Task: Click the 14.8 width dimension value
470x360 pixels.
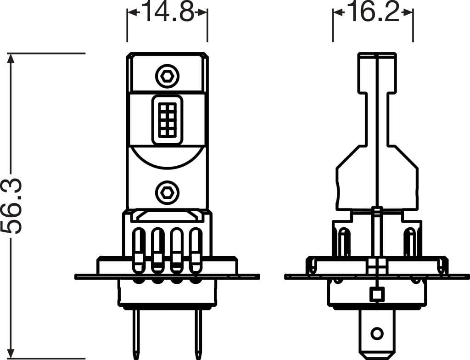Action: pyautogui.click(x=168, y=13)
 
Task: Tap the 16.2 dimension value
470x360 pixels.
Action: pyautogui.click(x=373, y=13)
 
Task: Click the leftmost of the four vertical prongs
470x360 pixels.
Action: pyautogui.click(x=138, y=250)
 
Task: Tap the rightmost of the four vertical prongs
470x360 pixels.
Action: pyautogui.click(x=196, y=250)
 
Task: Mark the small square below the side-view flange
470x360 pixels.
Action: pyautogui.click(x=376, y=293)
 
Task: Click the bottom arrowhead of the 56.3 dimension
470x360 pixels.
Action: pyautogui.click(x=11, y=354)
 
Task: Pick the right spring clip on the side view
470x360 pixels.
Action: pyautogui.click(x=442, y=266)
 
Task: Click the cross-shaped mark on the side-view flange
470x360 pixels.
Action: pyautogui.click(x=376, y=266)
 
